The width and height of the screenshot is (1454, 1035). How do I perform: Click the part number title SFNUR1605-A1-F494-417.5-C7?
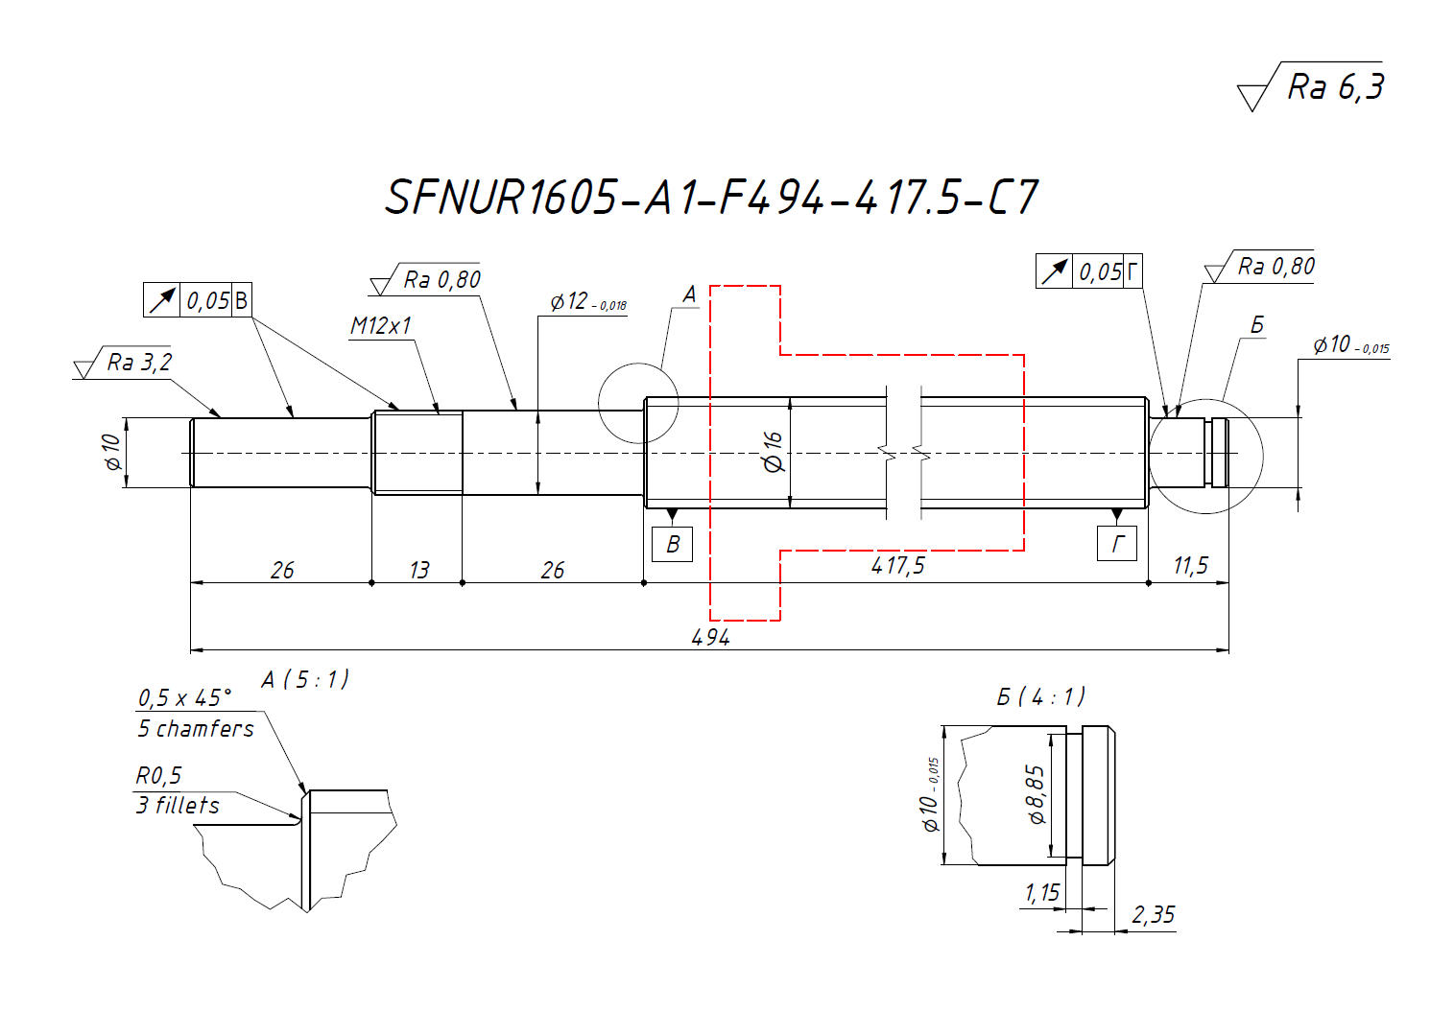pyautogui.click(x=710, y=198)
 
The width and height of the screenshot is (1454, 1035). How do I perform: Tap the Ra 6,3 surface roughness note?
pyautogui.click(x=1334, y=87)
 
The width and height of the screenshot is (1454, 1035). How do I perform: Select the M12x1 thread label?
pyautogui.click(x=381, y=326)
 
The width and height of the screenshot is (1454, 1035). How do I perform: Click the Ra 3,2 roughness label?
pyautogui.click(x=139, y=363)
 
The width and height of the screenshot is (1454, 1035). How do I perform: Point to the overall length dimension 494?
pyautogui.click(x=710, y=637)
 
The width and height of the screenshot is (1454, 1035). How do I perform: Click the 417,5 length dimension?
pyautogui.click(x=897, y=566)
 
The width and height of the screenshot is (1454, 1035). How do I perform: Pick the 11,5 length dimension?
pyautogui.click(x=1190, y=566)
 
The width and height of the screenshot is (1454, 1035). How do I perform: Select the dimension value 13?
pyautogui.click(x=418, y=571)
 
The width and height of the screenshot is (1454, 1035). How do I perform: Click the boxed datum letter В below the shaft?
pyautogui.click(x=672, y=545)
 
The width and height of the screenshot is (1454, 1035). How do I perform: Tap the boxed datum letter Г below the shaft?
pyautogui.click(x=1117, y=545)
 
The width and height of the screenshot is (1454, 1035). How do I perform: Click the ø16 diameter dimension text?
pyautogui.click(x=773, y=452)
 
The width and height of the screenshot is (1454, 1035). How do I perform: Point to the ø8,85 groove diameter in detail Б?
pyautogui.click(x=1036, y=794)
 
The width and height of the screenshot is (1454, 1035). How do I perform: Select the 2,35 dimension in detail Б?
pyautogui.click(x=1153, y=915)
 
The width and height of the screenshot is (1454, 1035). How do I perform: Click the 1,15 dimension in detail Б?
pyautogui.click(x=1041, y=893)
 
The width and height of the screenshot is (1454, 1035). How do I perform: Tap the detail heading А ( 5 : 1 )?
pyautogui.click(x=305, y=680)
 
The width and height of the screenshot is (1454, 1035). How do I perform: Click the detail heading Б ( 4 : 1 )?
pyautogui.click(x=1040, y=696)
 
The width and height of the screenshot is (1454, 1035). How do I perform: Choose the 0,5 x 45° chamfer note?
pyautogui.click(x=184, y=697)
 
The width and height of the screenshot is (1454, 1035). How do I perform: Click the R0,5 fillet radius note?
pyautogui.click(x=158, y=775)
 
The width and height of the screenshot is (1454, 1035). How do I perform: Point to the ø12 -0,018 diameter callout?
pyautogui.click(x=587, y=302)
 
